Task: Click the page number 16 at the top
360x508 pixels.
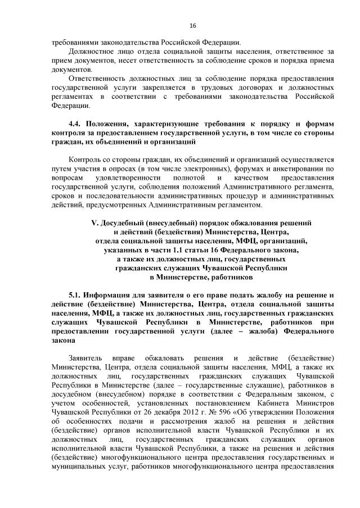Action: (x=192, y=26)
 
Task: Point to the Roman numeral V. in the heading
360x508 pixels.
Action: (x=94, y=223)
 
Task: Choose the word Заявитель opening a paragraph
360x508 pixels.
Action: (x=84, y=358)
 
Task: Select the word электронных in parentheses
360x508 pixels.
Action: (x=193, y=168)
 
